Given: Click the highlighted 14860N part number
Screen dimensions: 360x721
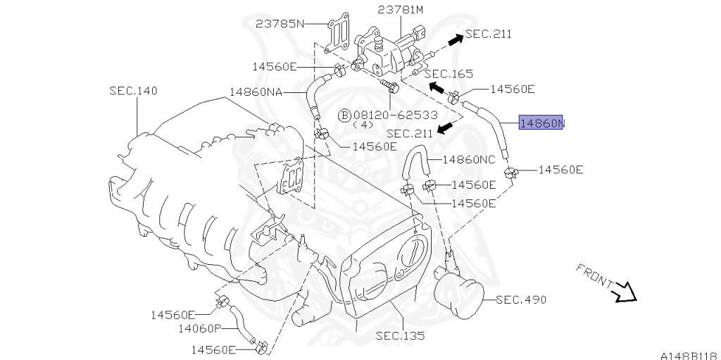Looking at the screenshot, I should [541, 124].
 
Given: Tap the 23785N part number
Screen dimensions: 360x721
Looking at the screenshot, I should [280, 23].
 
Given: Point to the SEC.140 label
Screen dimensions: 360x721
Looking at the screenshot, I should [133, 91].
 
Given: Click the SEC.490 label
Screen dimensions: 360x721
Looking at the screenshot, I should [521, 299].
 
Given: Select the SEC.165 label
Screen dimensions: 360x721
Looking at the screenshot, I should [449, 73].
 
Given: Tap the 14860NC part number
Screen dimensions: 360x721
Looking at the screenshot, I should [468, 160].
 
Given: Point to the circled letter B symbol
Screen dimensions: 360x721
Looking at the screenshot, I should [344, 115].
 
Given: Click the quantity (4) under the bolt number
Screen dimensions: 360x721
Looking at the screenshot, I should [362, 125].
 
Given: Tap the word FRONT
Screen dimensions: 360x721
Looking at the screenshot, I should [594, 276].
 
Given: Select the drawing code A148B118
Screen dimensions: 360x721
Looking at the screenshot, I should [688, 354].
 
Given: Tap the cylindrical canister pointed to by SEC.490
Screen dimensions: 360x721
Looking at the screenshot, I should [459, 296].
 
